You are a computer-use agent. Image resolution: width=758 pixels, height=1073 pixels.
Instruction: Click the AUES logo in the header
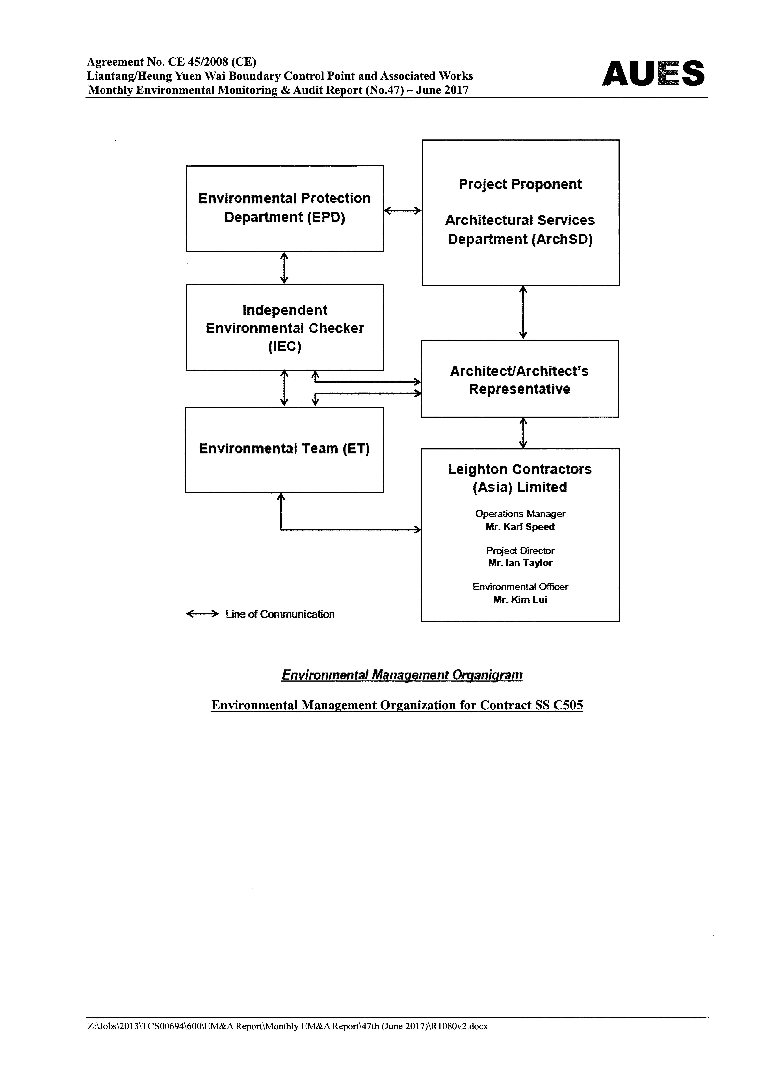(653, 73)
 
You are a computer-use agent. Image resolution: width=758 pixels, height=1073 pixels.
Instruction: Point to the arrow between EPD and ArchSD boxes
(402, 211)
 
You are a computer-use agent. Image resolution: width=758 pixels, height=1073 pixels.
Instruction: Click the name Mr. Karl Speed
(520, 527)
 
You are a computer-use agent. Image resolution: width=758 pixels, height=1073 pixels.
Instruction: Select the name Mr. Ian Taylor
(520, 563)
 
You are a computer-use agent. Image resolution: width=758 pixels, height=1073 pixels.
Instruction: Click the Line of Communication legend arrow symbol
(202, 614)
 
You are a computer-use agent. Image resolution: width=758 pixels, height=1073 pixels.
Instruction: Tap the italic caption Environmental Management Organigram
(402, 675)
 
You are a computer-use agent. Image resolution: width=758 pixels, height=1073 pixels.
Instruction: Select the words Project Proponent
(520, 185)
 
